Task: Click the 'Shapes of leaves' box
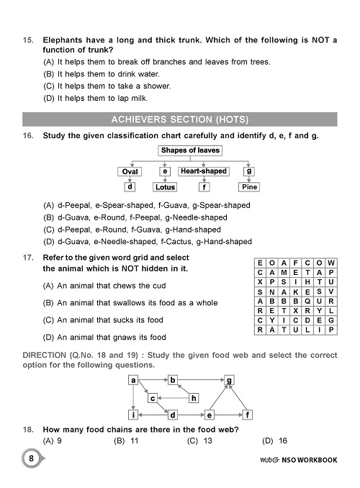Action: (190, 150)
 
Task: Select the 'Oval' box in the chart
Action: (130, 171)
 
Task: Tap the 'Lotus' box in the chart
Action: (165, 187)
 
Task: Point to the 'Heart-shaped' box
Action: (203, 171)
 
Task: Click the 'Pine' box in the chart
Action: (249, 187)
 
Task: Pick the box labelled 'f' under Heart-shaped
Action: (204, 187)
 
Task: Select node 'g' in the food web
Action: (229, 379)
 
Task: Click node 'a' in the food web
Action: (134, 379)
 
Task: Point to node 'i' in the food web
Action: (134, 415)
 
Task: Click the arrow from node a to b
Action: (153, 379)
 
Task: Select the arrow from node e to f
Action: (228, 415)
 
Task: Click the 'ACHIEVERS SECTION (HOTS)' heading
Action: (180, 118)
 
